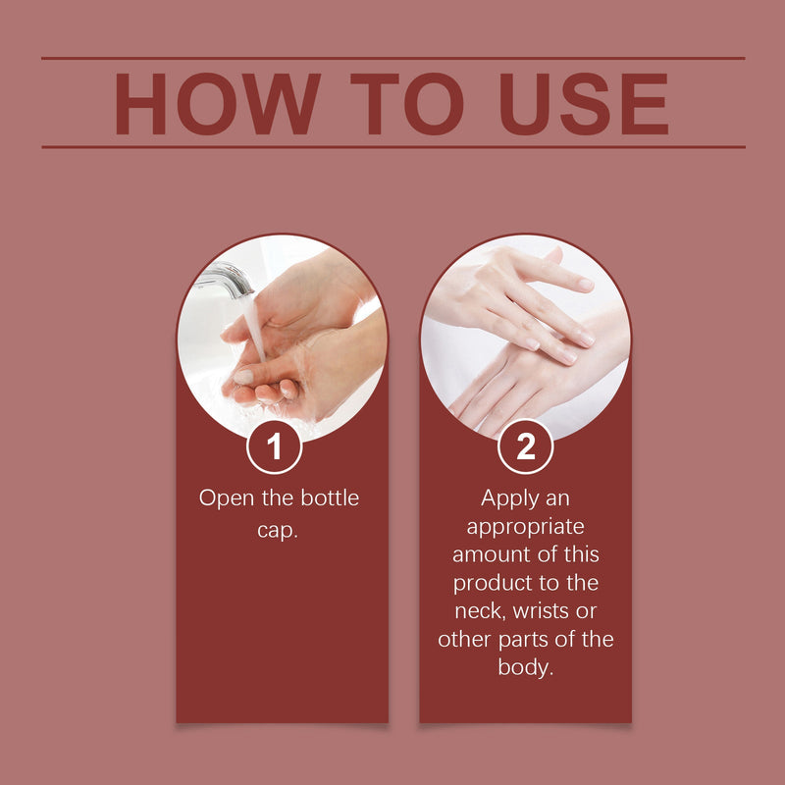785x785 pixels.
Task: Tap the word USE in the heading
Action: (x=584, y=104)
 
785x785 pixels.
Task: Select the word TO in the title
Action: (x=406, y=104)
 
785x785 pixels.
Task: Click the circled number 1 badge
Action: (x=275, y=446)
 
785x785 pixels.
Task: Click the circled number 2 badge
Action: (x=525, y=446)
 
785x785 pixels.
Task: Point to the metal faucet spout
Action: (x=227, y=280)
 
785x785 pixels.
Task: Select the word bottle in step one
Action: (x=330, y=498)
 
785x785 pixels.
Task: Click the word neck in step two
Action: (x=480, y=611)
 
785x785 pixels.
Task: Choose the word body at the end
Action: (x=526, y=668)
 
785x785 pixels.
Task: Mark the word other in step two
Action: (x=465, y=640)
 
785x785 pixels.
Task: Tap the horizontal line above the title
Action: (x=393, y=59)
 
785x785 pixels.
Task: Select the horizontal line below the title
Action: (x=393, y=147)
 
